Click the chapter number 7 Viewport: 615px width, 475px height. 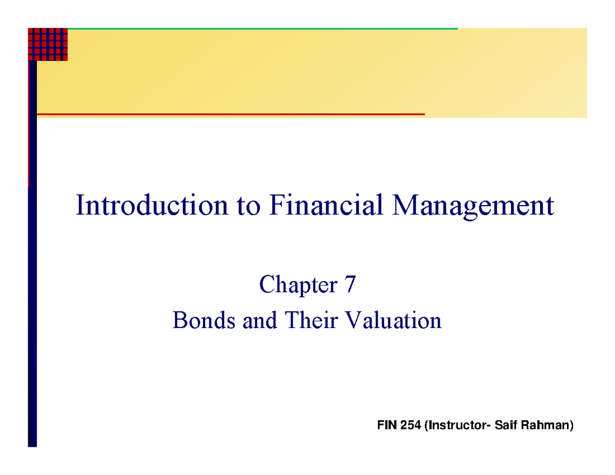tap(348, 284)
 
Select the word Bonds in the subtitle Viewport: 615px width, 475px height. tap(197, 321)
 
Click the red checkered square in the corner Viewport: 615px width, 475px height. tap(48, 44)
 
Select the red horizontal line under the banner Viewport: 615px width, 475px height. tap(231, 114)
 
